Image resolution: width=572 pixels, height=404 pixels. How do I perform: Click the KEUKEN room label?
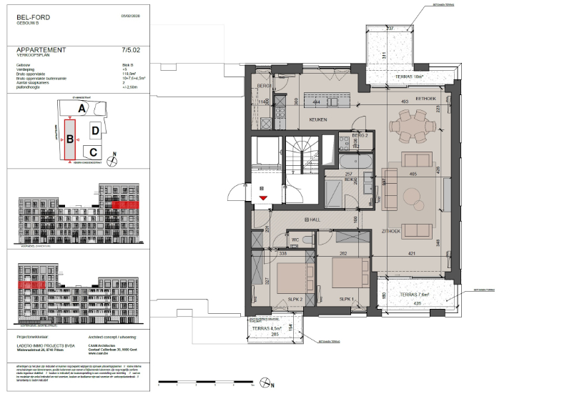[318, 120]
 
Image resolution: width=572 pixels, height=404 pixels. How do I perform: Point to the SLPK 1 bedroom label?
[347, 299]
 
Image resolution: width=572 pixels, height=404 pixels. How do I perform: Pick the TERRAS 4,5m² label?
[275, 328]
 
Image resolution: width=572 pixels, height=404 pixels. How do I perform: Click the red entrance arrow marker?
[263, 197]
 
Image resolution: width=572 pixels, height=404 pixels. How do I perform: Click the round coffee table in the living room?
[414, 194]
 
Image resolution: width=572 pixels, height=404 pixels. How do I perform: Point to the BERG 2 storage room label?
[359, 135]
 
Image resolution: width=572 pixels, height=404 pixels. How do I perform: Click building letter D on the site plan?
[95, 131]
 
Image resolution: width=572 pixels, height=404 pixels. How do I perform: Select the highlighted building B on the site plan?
[70, 140]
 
